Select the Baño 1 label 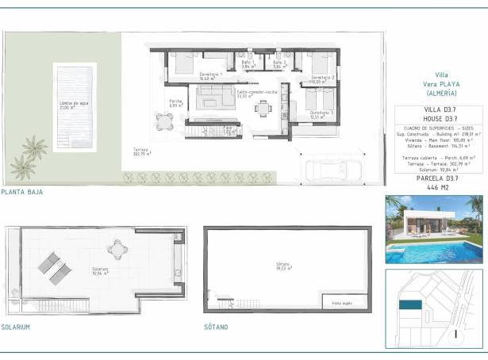247,64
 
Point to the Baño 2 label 279,64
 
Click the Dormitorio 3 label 320,115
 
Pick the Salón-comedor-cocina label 256,94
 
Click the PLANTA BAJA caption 21,192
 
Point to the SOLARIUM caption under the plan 16,327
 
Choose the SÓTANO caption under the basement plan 215,327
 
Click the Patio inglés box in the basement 343,302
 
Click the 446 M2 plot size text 433,188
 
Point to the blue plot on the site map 409,304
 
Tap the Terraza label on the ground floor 142,152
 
